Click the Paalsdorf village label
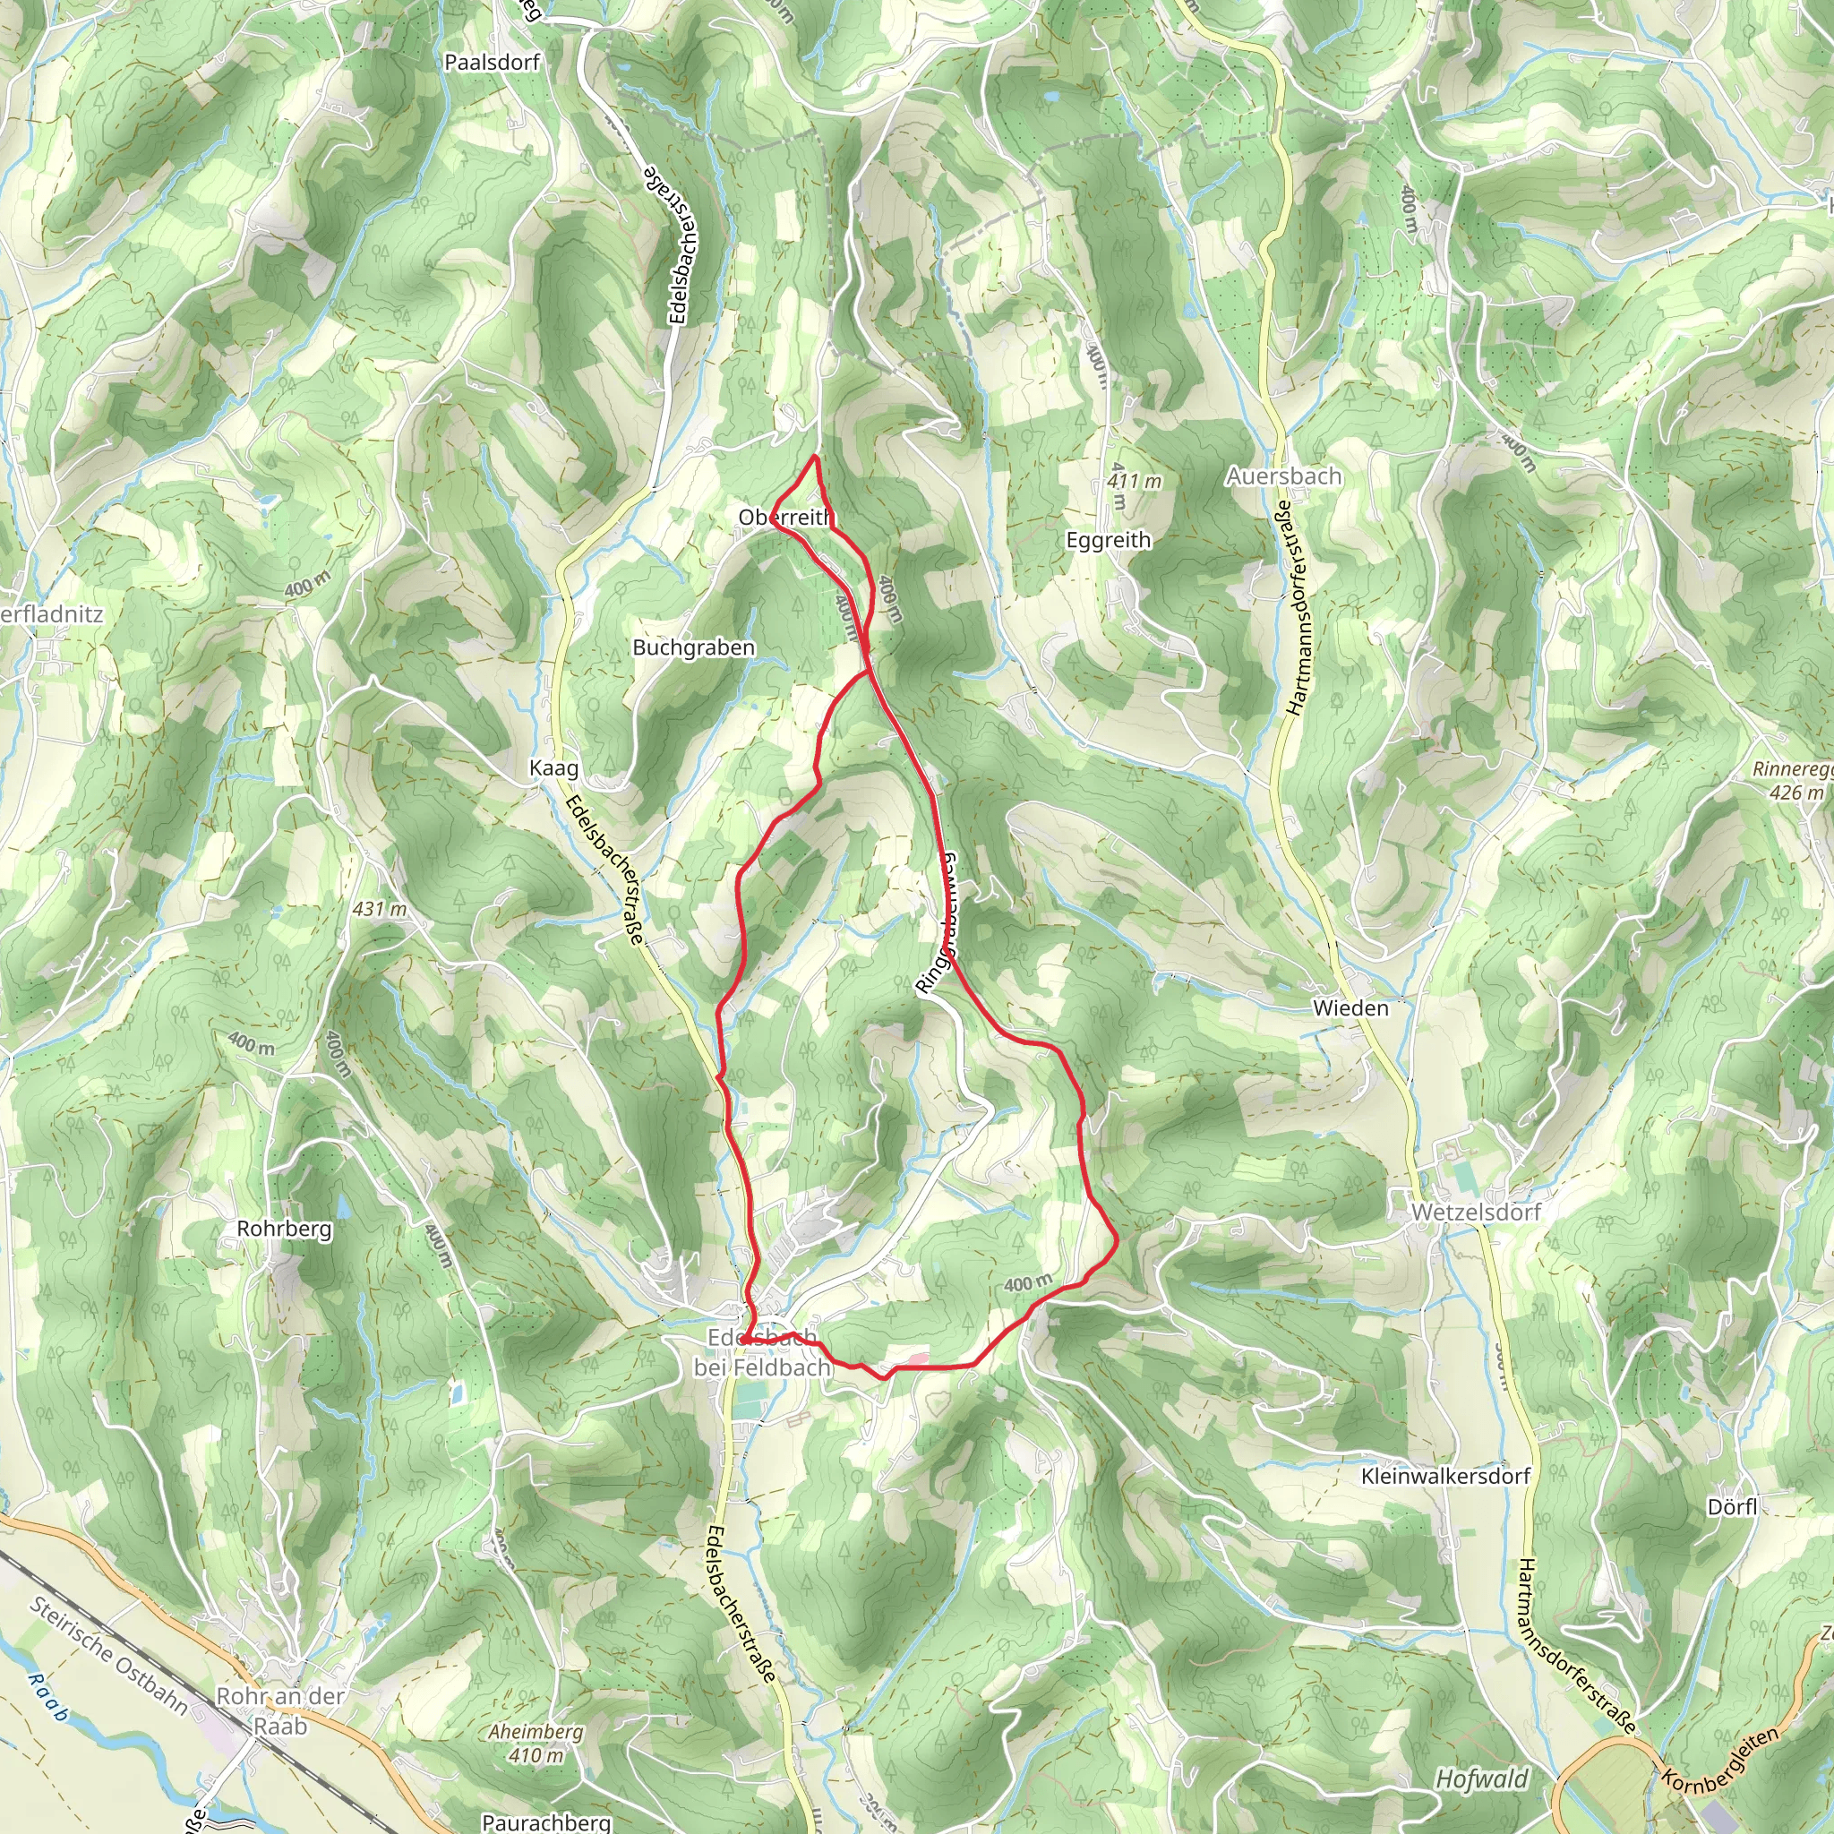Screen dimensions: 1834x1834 (x=492, y=63)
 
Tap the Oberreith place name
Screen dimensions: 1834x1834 (x=786, y=518)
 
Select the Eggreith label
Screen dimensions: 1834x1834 (x=1108, y=540)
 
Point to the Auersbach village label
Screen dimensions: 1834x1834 (x=1283, y=476)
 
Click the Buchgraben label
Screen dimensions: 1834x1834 (x=694, y=647)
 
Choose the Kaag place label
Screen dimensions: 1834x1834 (x=553, y=768)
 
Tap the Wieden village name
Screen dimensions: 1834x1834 (x=1350, y=1008)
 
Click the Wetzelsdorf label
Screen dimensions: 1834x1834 (x=1475, y=1213)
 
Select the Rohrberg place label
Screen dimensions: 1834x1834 (x=284, y=1229)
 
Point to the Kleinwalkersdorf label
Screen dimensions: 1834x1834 (x=1444, y=1476)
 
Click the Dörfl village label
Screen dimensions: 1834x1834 (x=1733, y=1506)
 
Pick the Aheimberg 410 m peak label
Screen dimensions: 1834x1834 (x=536, y=1743)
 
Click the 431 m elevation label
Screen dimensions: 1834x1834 (x=380, y=908)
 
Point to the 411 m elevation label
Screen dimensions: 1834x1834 (x=1135, y=481)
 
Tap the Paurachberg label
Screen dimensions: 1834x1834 (x=546, y=1821)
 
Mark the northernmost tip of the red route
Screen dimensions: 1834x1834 (x=815, y=458)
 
